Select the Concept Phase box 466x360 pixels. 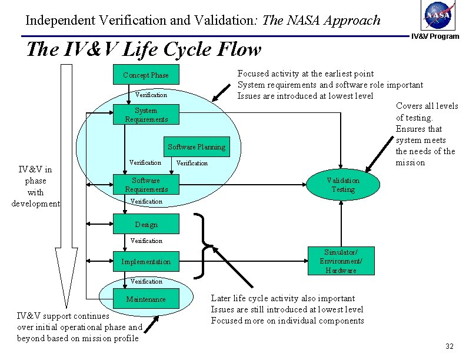[x=145, y=75]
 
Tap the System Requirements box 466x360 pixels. [x=145, y=115]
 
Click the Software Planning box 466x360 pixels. [x=196, y=147]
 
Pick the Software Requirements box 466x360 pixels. [x=145, y=185]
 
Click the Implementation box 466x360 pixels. [x=145, y=262]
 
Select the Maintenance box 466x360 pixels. [x=145, y=299]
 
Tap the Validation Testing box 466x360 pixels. [x=342, y=185]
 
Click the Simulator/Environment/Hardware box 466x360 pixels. [x=341, y=261]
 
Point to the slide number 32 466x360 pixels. [x=450, y=346]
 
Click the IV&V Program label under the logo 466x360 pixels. [x=435, y=36]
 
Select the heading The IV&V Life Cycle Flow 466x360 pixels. [x=144, y=49]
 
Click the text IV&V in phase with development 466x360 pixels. [x=35, y=186]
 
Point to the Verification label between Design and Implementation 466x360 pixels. [x=146, y=241]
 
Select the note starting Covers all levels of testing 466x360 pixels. [x=427, y=134]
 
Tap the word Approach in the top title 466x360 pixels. [x=347, y=21]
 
